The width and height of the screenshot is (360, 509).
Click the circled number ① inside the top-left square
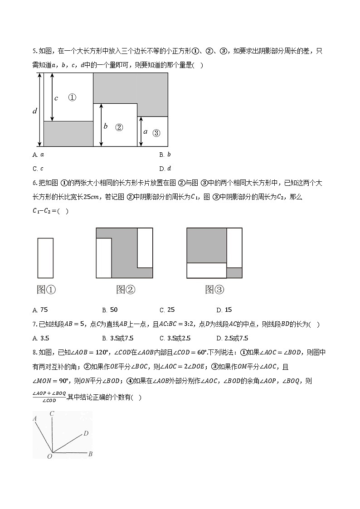point(72,97)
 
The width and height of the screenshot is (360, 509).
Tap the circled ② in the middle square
point(119,127)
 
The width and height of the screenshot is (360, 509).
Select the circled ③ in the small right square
point(156,133)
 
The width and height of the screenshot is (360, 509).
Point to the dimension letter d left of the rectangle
point(35,111)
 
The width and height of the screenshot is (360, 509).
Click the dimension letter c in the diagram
point(56,98)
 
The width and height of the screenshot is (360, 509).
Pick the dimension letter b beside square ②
point(106,126)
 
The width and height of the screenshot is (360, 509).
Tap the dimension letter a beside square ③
point(145,132)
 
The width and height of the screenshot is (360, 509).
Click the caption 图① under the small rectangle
point(46,290)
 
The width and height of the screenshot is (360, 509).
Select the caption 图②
point(126,290)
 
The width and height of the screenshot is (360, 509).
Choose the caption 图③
point(214,290)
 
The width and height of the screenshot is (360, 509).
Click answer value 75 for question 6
point(44,310)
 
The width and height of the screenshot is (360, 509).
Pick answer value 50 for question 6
point(114,310)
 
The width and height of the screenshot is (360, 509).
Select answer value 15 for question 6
point(228,310)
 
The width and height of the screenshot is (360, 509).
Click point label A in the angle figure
point(35,419)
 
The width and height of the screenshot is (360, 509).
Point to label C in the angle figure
point(52,413)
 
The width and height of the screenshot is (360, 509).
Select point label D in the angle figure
point(86,434)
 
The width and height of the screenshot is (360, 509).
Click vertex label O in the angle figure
point(49,456)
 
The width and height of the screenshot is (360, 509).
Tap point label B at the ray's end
point(90,454)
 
